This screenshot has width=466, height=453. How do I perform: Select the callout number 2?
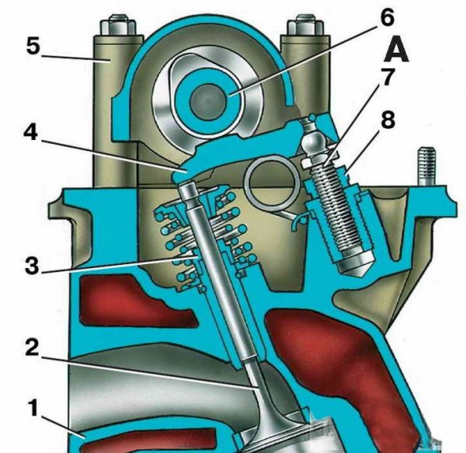coord(32,347)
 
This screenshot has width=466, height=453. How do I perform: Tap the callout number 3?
coord(32,266)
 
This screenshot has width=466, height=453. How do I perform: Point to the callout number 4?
coord(31,132)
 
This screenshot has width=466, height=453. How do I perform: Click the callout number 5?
coord(33,46)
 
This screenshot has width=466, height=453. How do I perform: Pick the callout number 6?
coord(387,17)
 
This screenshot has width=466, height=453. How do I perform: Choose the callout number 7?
coord(387,77)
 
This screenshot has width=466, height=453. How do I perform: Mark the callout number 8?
coord(388,120)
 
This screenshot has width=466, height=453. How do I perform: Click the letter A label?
coord(396,51)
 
